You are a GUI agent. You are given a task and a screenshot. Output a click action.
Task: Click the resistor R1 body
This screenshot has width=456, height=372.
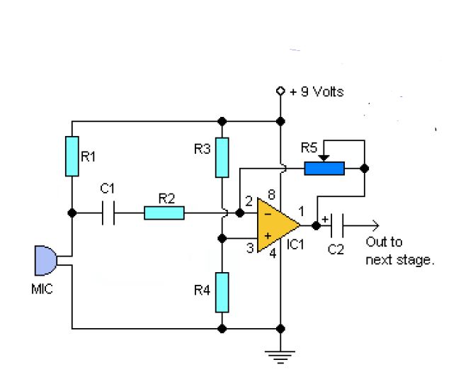[72, 157]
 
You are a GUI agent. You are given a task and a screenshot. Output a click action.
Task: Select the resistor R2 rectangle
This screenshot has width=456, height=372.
[164, 213]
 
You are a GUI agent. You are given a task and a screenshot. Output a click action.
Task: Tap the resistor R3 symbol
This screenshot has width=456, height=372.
[222, 157]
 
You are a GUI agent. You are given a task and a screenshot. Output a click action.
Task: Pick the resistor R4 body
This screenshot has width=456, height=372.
[222, 292]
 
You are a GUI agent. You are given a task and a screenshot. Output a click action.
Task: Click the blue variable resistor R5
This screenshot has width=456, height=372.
[324, 169]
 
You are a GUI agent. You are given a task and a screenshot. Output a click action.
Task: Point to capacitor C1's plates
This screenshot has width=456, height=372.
[108, 213]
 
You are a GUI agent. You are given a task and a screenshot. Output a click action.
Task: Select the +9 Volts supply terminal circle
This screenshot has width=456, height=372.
[281, 91]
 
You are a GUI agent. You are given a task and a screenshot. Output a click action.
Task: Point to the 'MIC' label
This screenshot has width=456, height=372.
[42, 291]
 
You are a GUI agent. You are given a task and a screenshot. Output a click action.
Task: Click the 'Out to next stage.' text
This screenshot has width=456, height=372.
[399, 253]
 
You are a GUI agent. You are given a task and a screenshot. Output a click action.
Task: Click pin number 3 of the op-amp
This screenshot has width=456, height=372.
[249, 247]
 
